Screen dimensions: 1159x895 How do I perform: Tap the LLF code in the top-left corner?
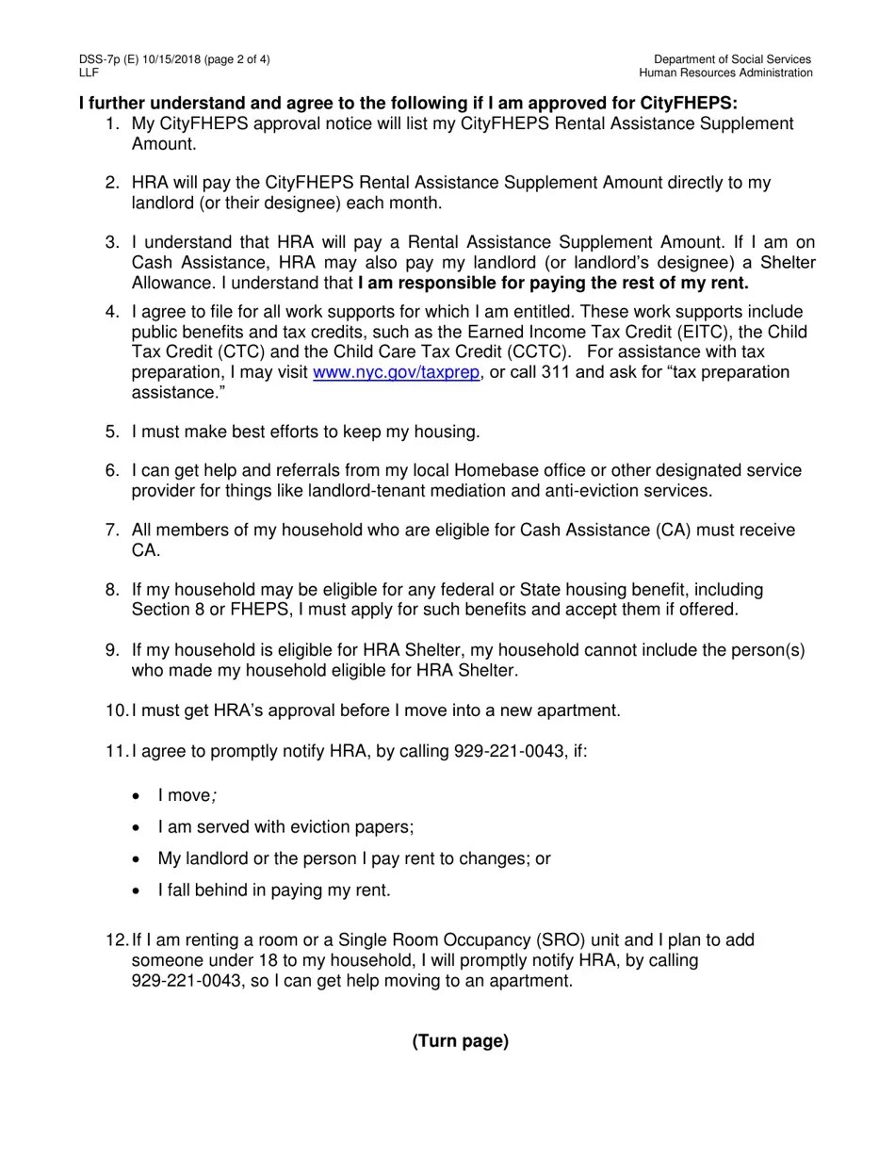point(89,73)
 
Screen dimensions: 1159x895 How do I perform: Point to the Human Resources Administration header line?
point(725,73)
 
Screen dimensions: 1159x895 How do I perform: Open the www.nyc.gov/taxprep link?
point(396,372)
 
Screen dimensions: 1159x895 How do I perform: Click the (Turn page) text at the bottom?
point(460,1041)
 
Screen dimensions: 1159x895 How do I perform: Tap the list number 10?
point(116,710)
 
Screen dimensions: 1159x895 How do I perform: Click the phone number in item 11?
point(513,751)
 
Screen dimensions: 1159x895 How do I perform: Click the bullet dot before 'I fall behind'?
point(138,890)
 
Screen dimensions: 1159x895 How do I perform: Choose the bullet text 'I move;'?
point(187,796)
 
